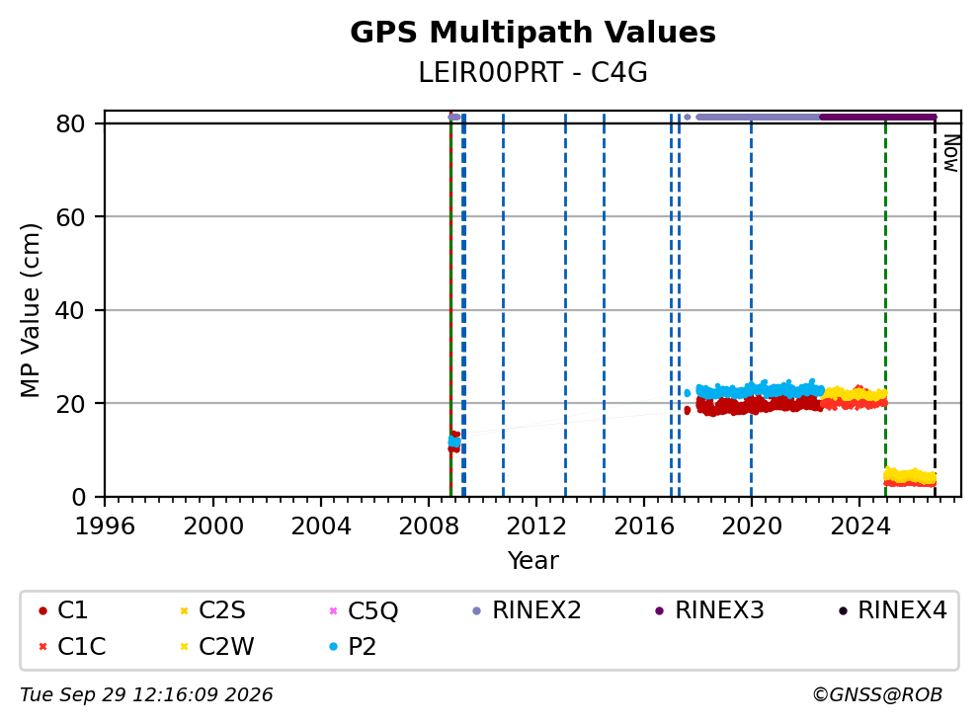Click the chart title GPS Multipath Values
point(532,33)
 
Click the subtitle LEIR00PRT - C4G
point(532,73)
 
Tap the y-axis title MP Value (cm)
point(30,310)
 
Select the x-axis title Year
point(532,560)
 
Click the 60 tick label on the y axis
point(70,217)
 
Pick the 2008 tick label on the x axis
point(429,526)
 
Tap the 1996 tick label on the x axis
point(105,526)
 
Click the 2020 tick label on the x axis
point(751,526)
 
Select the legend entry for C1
point(63,610)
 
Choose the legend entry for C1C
point(72,646)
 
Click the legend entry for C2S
point(212,610)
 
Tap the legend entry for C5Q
point(364,610)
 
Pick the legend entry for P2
point(353,646)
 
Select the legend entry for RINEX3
point(709,610)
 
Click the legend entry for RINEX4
point(892,610)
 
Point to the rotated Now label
point(951,153)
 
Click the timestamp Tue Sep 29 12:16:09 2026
point(146,694)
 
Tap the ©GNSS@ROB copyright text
point(877,694)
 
